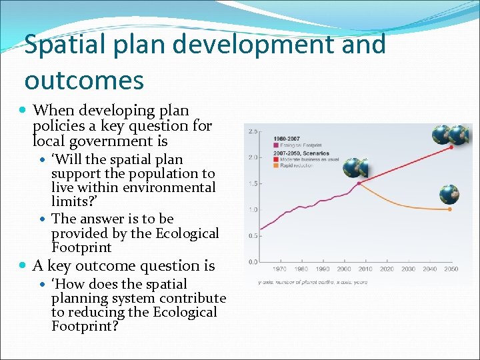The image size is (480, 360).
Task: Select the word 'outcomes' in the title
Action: coord(84,81)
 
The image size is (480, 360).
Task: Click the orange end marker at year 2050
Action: coord(450,209)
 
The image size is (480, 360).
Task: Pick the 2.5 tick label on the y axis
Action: coord(253,131)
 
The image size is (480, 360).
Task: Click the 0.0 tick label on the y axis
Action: coord(253,261)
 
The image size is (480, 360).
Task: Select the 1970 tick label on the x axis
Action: coord(280,269)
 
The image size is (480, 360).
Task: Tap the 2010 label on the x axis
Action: coord(365,269)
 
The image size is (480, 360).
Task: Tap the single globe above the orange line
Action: coord(449,195)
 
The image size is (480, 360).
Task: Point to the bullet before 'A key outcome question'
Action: coord(25,266)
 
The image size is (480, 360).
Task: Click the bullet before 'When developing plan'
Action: coord(25,111)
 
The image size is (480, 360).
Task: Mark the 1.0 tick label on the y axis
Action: coord(253,209)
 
